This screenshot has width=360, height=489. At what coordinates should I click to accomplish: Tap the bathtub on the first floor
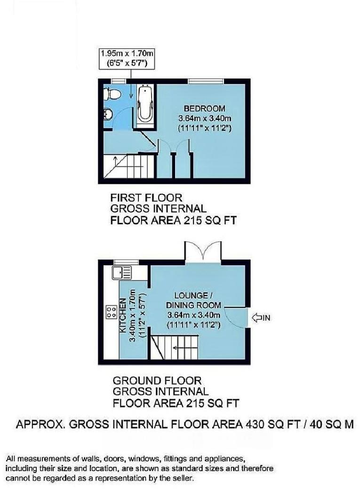(x=144, y=106)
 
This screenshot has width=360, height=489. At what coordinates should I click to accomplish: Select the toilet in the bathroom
(x=111, y=95)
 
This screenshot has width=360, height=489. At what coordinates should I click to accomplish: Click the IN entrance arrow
(x=262, y=318)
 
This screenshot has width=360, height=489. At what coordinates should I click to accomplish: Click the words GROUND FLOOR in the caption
(x=157, y=380)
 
